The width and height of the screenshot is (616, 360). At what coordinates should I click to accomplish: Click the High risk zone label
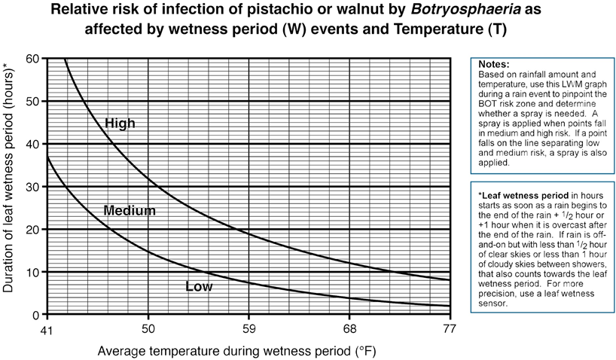[120, 123]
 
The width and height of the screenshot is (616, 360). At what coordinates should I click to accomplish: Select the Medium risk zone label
[130, 211]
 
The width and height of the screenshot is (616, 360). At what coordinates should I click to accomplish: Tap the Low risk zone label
[199, 287]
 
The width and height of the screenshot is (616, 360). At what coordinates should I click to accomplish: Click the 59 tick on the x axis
[249, 329]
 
